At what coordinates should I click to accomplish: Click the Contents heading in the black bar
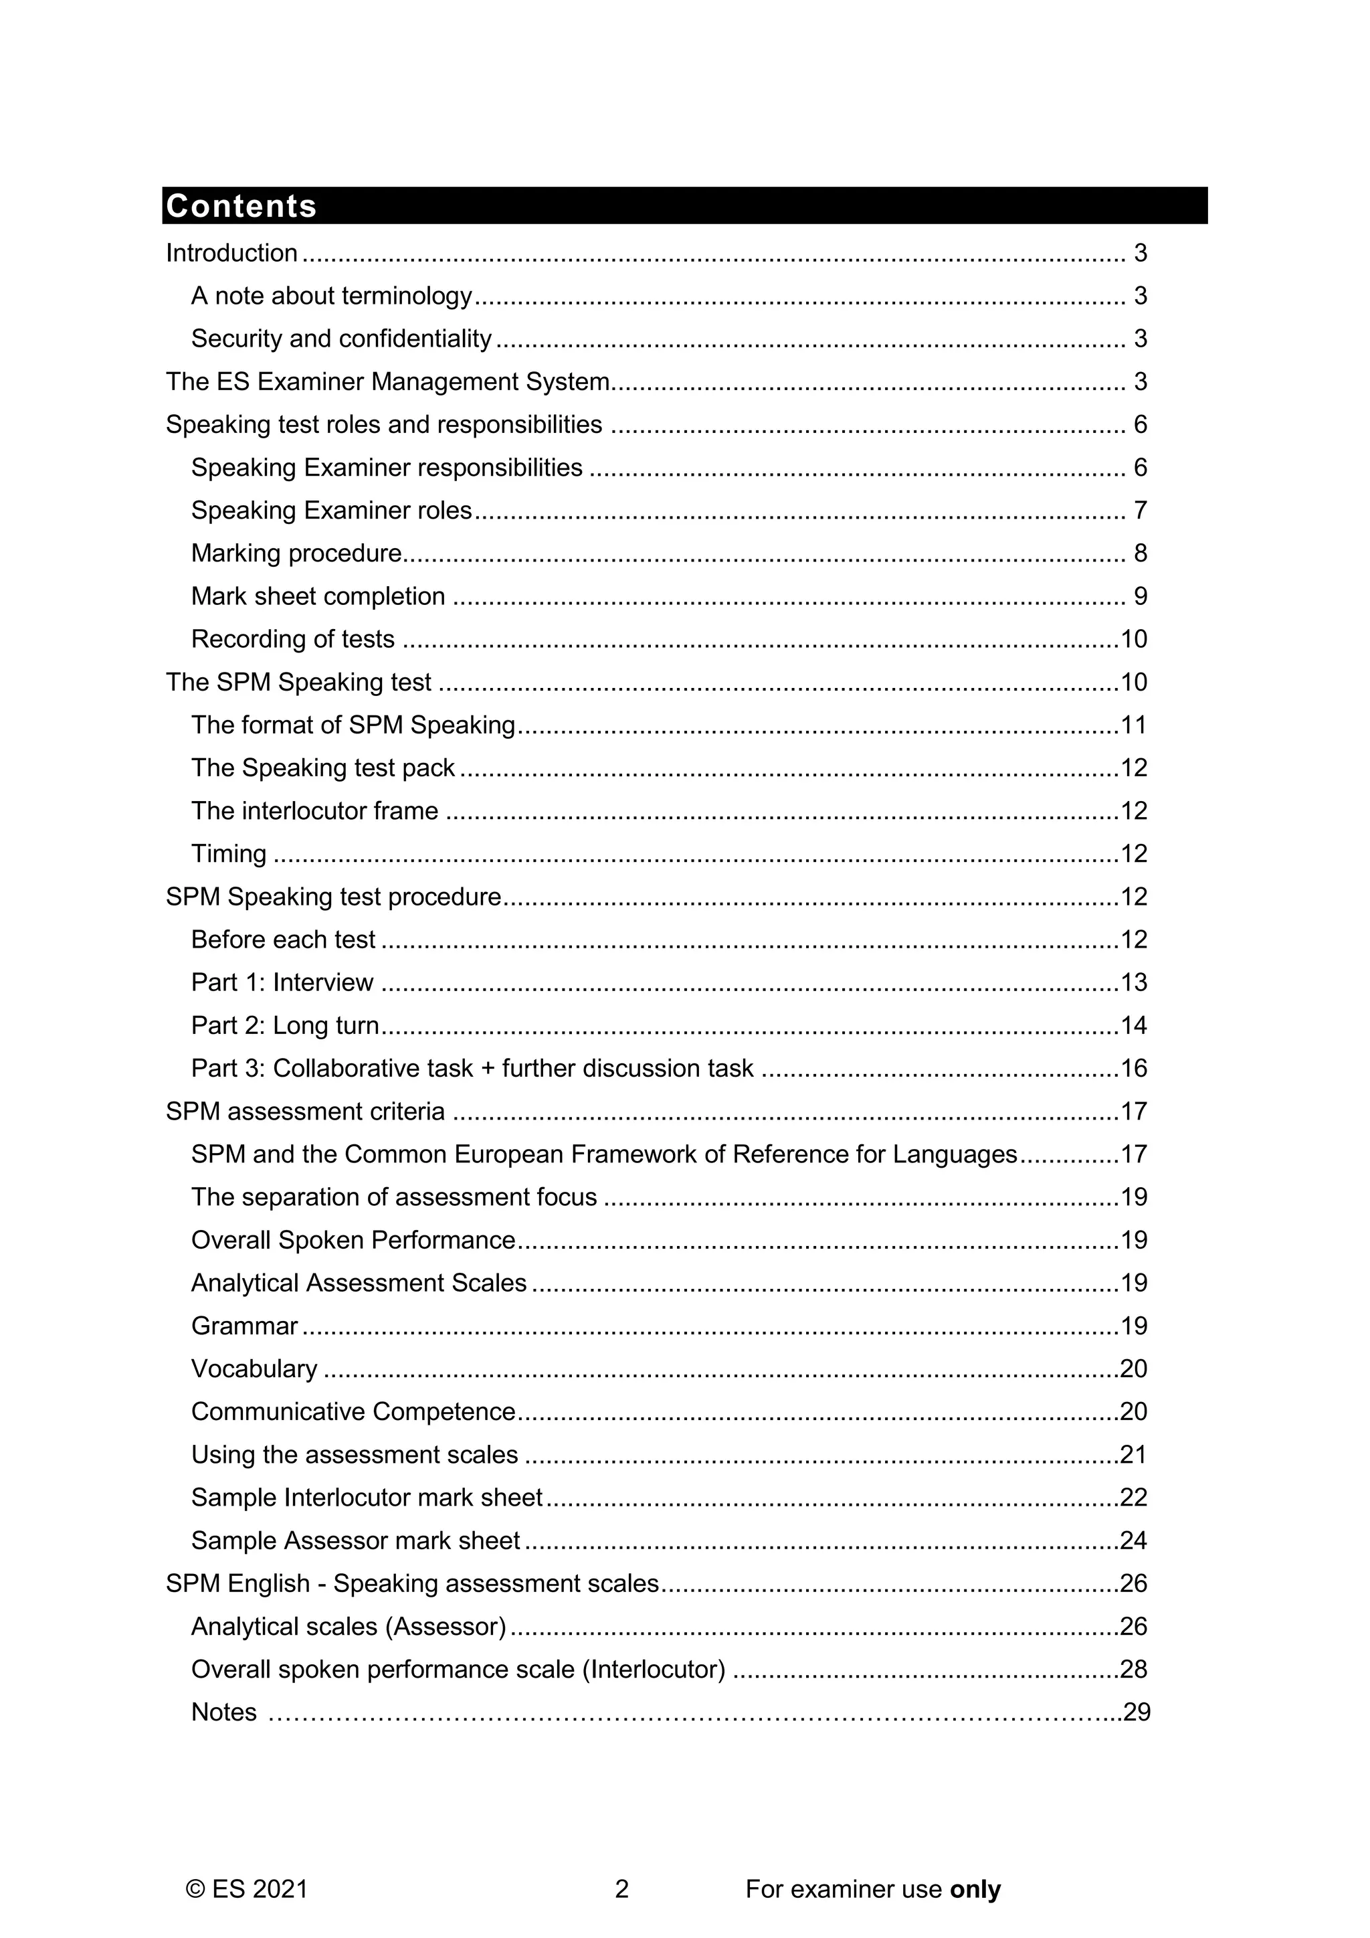tap(241, 206)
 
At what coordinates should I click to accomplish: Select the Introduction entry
tap(231, 253)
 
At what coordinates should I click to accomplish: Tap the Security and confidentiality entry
tap(340, 339)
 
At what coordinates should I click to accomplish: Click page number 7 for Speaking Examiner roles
tap(1140, 511)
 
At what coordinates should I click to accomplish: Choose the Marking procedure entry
tap(296, 553)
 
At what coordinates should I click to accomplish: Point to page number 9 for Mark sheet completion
tap(1140, 597)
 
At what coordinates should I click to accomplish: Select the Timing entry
tap(229, 854)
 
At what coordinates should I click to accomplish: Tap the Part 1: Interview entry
tap(282, 982)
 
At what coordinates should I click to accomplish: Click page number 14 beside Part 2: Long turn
tap(1134, 1026)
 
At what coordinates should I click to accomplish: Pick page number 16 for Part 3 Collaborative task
tap(1134, 1069)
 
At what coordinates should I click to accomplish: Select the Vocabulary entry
tap(254, 1369)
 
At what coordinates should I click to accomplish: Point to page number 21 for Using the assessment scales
tap(1134, 1456)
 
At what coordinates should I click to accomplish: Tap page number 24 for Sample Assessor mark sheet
tap(1134, 1540)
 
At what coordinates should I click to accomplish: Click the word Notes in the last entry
tap(223, 1712)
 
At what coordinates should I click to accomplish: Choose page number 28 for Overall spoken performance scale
tap(1134, 1670)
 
